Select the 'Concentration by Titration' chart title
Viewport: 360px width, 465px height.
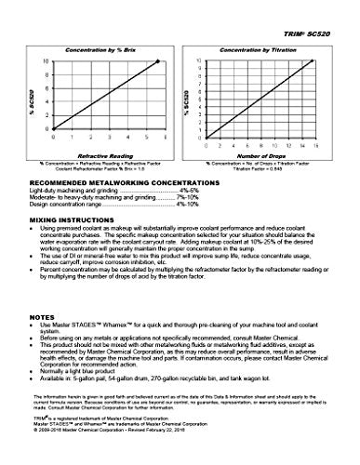[258, 46]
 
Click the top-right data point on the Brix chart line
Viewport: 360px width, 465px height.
[158, 60]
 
